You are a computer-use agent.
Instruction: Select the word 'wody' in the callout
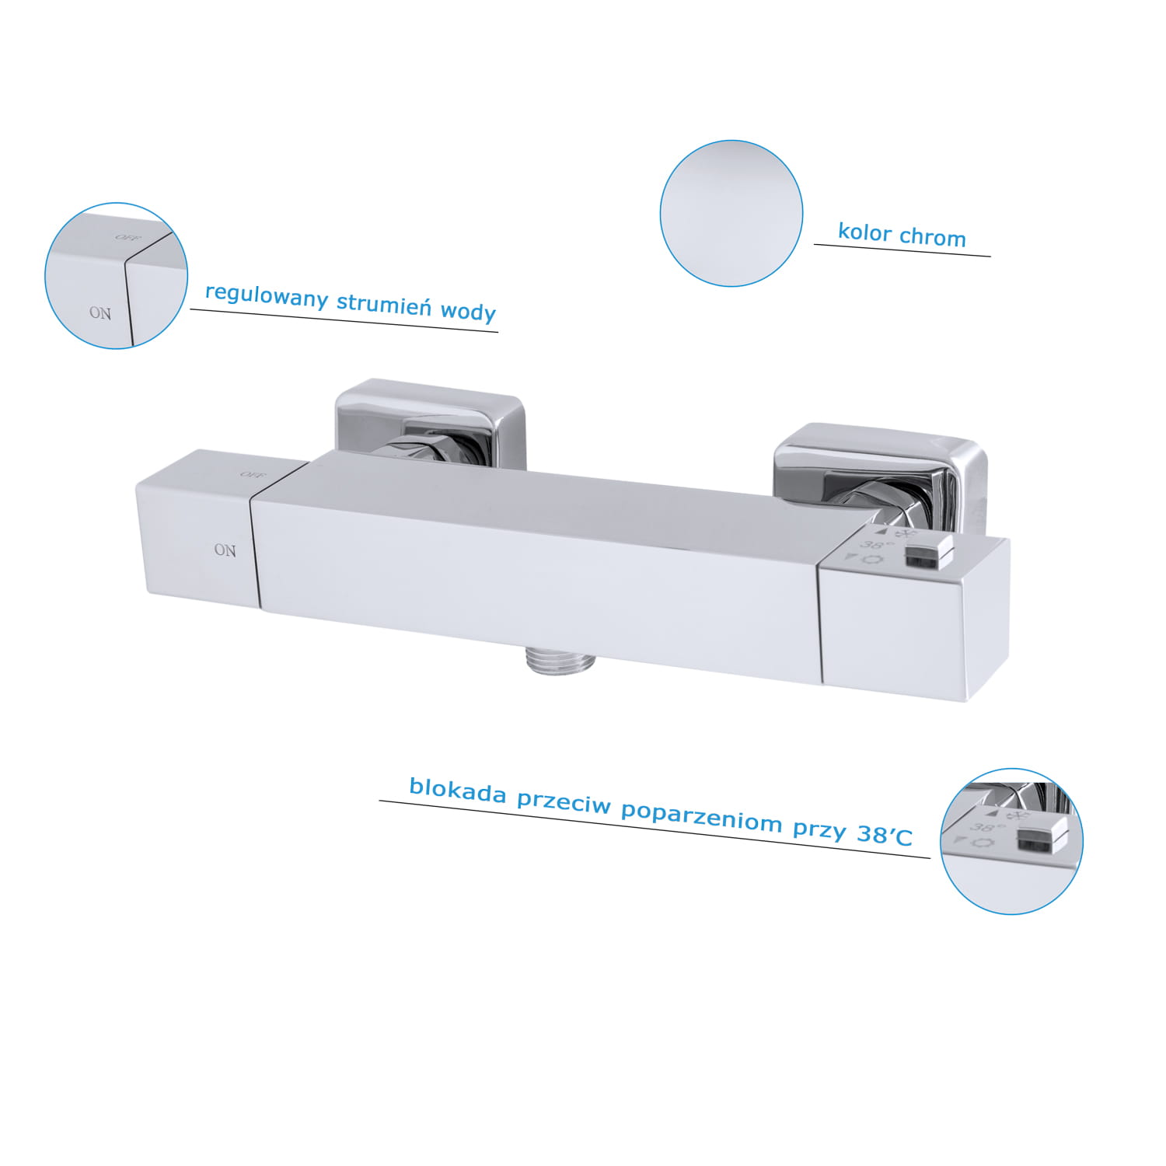tap(468, 311)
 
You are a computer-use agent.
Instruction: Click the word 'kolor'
tap(864, 232)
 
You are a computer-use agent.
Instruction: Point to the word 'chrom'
tap(933, 237)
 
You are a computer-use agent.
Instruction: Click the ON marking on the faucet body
tap(225, 550)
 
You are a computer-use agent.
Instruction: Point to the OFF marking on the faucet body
tap(253, 474)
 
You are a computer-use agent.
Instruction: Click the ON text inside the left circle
tap(100, 313)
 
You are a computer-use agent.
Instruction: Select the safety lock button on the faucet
tap(928, 552)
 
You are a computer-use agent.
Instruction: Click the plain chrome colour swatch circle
tap(731, 213)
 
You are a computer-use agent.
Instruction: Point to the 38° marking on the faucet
tap(875, 545)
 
